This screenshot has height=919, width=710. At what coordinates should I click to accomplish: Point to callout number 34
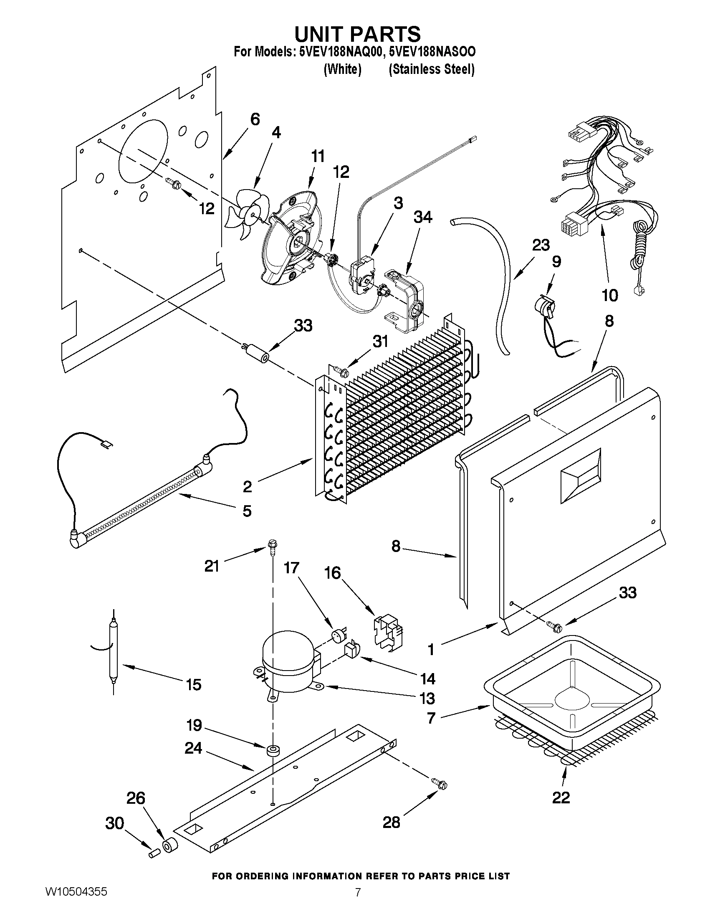(423, 217)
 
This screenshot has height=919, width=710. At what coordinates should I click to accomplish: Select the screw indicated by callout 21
(272, 547)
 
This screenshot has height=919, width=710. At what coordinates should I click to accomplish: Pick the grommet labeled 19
(273, 751)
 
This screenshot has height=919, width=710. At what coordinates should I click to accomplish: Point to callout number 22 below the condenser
(561, 797)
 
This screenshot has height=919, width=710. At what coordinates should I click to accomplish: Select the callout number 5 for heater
(247, 511)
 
